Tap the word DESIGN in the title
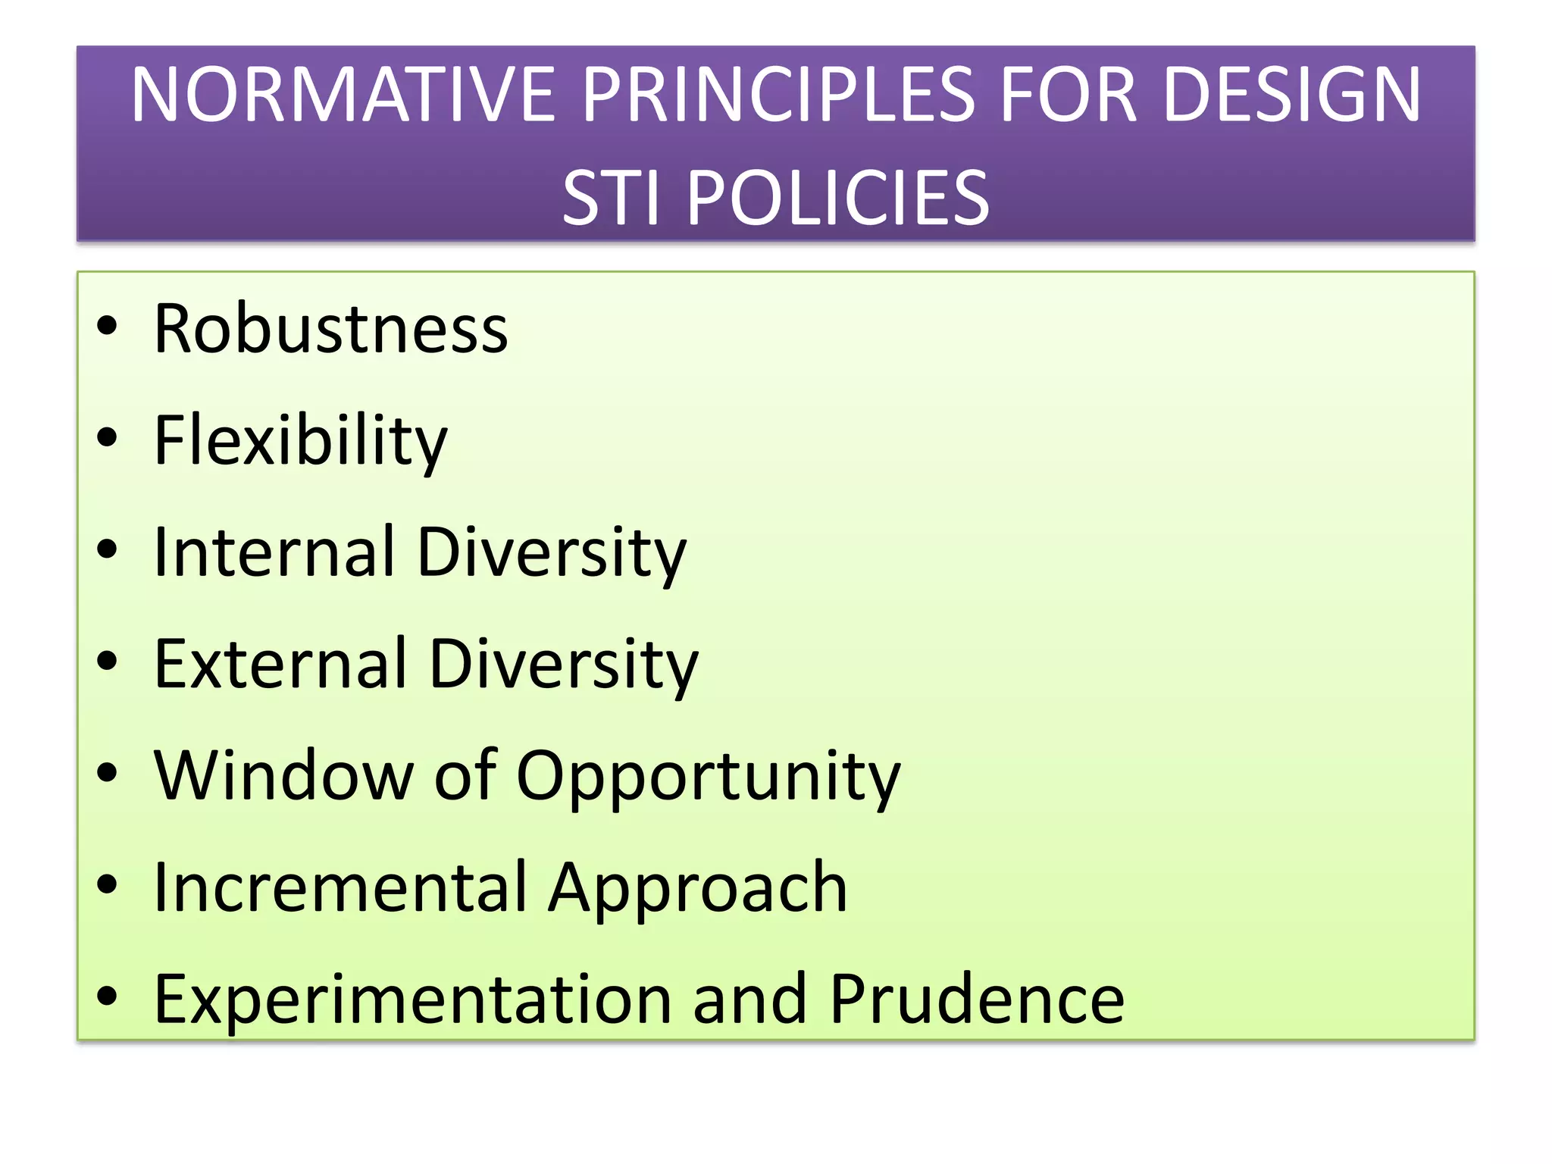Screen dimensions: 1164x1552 [1291, 95]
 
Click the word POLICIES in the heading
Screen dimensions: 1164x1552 [838, 199]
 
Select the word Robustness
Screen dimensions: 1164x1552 [330, 329]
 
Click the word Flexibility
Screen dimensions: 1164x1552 [300, 441]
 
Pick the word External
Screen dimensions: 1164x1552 [280, 664]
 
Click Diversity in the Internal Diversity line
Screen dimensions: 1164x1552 [552, 552]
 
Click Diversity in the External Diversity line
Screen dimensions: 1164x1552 [564, 664]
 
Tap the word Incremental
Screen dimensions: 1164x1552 [339, 887]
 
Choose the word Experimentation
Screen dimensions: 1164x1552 [412, 999]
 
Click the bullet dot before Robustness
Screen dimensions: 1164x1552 [108, 326]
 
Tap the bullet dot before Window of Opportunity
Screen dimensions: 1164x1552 [108, 772]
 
